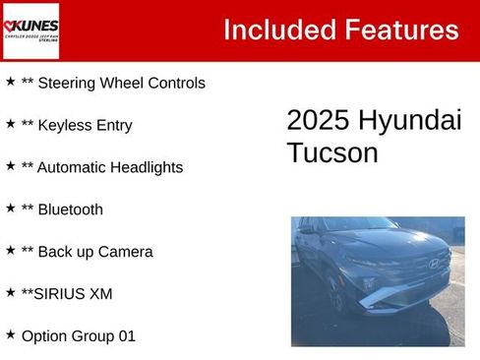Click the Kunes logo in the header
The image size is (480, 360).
[30, 30]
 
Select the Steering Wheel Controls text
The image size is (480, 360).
[121, 84]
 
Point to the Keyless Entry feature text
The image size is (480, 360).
[84, 126]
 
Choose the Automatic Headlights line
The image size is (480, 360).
[109, 167]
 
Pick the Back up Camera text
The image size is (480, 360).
[94, 252]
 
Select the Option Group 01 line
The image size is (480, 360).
[79, 335]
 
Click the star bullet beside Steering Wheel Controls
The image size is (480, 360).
[10, 82]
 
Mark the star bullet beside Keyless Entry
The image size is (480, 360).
[10, 124]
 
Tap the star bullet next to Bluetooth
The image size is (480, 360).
[10, 208]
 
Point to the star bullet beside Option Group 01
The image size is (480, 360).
[10, 333]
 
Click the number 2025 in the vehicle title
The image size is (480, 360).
[317, 120]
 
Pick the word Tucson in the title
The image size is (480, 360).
[332, 152]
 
